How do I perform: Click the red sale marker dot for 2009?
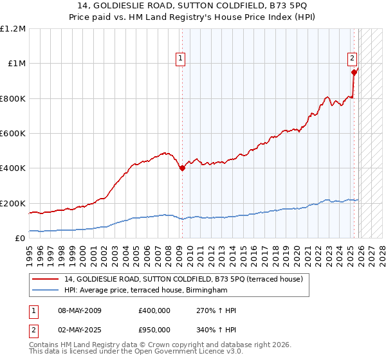[182, 168]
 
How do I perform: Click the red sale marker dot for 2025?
[354, 73]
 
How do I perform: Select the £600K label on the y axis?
[13, 134]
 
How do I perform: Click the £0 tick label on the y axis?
[21, 239]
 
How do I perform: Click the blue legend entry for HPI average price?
[146, 291]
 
